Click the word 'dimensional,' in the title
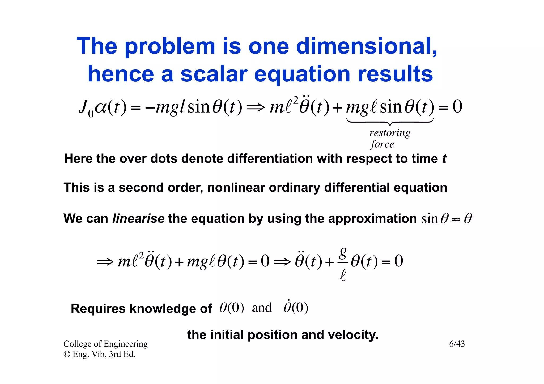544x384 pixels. tap(367, 46)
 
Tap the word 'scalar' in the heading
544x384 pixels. tap(214, 74)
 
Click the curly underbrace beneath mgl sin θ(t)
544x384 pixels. tap(390, 122)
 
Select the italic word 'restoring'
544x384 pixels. tap(390, 133)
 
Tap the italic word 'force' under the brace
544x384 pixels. tap(382, 144)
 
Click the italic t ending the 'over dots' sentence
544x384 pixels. tap(444, 159)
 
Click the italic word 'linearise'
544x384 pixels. tap(138, 219)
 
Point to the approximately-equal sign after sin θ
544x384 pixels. tap(456, 219)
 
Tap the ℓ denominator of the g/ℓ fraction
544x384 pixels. tap(343, 274)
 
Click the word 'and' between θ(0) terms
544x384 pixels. tap(262, 308)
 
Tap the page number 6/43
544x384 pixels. tap(457, 344)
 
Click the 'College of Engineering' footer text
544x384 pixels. tap(105, 344)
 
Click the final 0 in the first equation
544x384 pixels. tap(457, 107)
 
